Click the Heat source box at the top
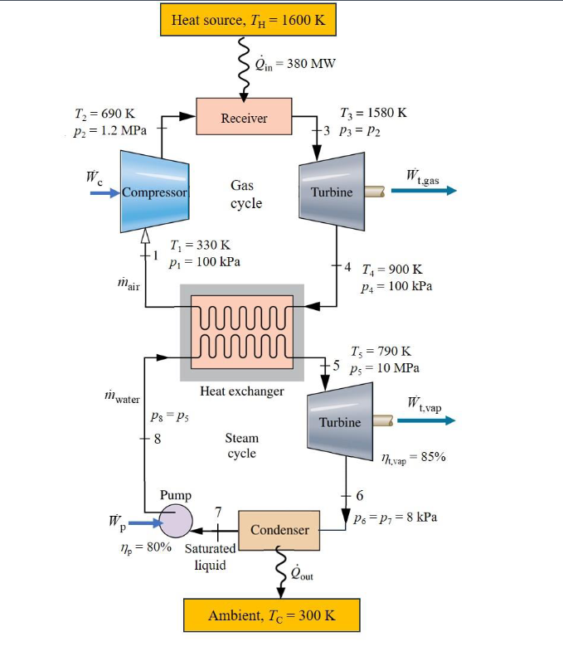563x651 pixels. tap(248, 20)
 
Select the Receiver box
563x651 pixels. tap(244, 117)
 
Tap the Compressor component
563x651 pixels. tap(154, 192)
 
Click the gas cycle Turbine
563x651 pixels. tap(331, 192)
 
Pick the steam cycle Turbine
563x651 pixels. tap(340, 421)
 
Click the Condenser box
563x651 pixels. tap(279, 530)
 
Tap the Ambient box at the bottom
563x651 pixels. tap(271, 615)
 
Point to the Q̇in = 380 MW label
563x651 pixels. tap(295, 64)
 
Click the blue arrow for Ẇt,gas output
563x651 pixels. tap(424, 191)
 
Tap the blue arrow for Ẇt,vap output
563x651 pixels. tap(426, 420)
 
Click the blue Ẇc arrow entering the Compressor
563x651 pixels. tap(104, 192)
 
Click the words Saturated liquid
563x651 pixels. tap(210, 556)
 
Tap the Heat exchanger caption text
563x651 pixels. tap(242, 391)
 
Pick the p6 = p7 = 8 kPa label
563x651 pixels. tap(395, 517)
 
